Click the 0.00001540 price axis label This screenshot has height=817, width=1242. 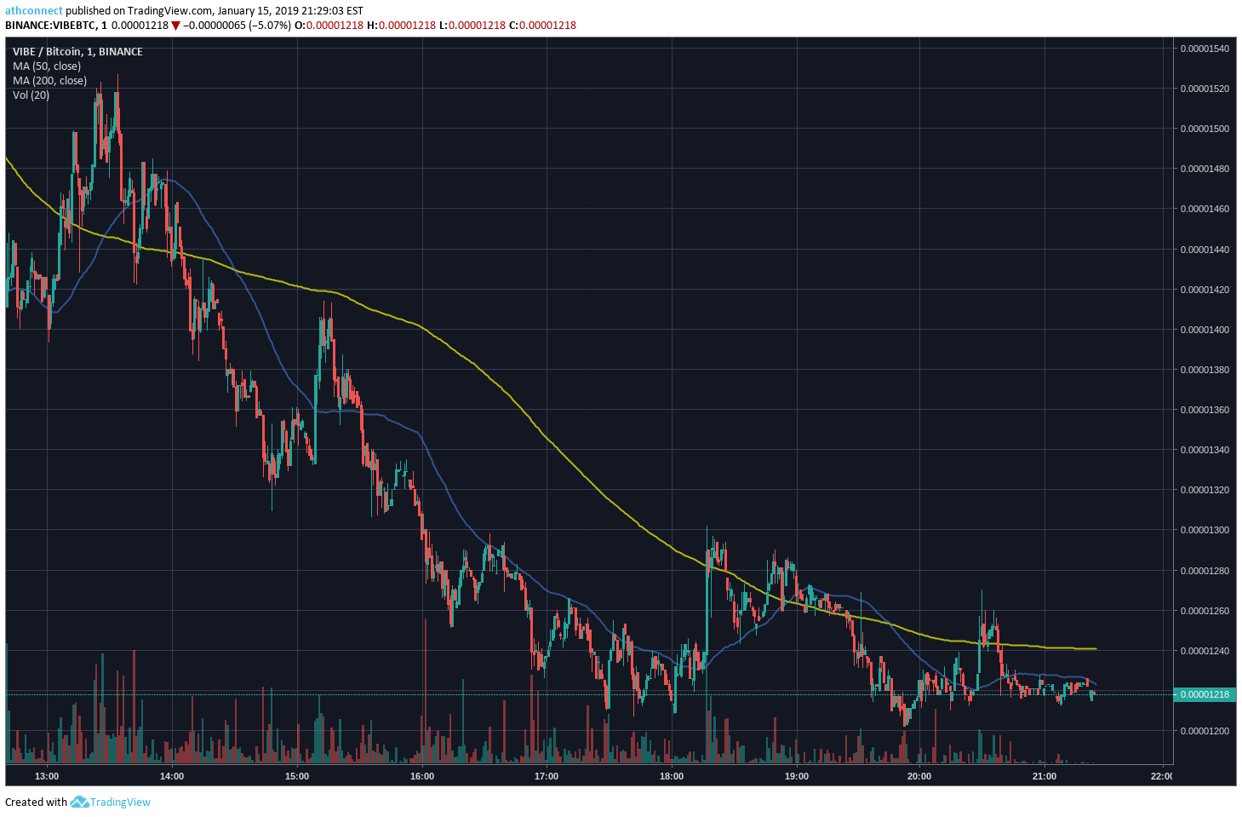coord(1205,49)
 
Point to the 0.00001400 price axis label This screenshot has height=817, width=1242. coord(1205,330)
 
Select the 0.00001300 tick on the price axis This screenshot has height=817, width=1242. coord(1205,530)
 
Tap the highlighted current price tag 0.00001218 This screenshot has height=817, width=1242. coord(1205,694)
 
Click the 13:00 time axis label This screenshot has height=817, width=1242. coord(47,776)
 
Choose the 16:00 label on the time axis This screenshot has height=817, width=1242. coord(422,776)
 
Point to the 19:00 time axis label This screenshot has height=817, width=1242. coord(797,776)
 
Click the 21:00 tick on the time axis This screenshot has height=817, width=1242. coord(1044,776)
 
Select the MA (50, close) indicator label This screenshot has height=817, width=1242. coord(47,66)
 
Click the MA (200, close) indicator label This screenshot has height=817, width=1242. coord(50,80)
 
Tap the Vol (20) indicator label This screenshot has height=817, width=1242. coord(31,95)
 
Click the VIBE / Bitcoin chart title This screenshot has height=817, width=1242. coord(47,52)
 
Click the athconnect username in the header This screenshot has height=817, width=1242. coord(34,10)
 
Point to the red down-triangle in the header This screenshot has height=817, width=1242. coord(175,26)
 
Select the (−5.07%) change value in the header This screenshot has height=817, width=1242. coord(270,26)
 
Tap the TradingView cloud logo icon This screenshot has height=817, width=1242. coord(79,802)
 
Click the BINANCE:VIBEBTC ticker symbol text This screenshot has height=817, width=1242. coord(49,26)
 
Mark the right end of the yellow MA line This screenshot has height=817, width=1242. coord(1096,648)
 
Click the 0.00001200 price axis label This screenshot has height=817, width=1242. coord(1205,731)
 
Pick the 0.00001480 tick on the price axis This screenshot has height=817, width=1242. coord(1205,169)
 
